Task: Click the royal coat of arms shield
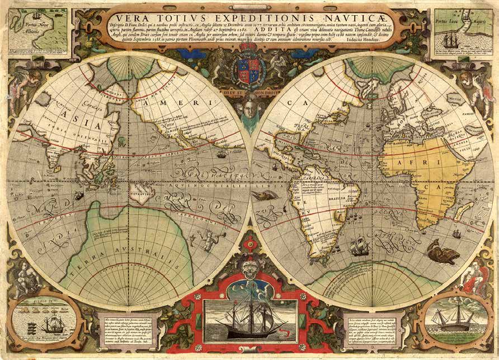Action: pyautogui.click(x=249, y=69)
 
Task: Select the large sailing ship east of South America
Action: pyautogui.click(x=359, y=246)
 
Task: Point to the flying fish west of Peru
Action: pyautogui.click(x=262, y=195)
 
